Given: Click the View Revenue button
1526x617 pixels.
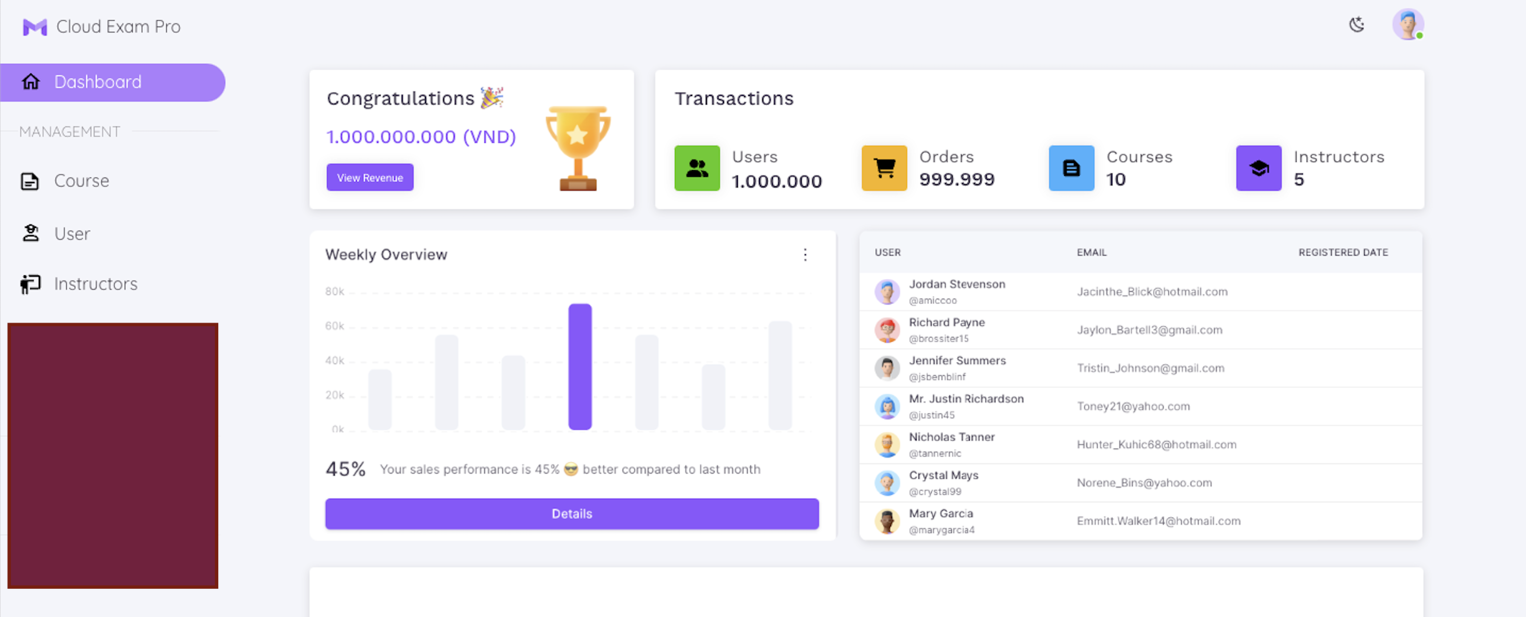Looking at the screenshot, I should [x=370, y=177].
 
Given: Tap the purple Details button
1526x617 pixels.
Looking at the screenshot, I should [x=572, y=513].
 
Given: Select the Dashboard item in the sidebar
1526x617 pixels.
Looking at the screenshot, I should [x=112, y=82].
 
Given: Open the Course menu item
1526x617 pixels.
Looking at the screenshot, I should [x=81, y=181].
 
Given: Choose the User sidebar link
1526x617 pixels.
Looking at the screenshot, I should [x=72, y=234].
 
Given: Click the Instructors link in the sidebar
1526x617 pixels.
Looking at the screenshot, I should [x=95, y=284].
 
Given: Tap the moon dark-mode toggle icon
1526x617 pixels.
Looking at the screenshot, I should [x=1357, y=25].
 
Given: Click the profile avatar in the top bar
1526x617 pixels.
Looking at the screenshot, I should [x=1408, y=25].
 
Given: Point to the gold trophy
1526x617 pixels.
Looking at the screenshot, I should [x=577, y=148].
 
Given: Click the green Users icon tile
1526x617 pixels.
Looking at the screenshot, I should [x=697, y=168].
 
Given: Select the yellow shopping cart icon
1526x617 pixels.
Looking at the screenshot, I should [x=884, y=168].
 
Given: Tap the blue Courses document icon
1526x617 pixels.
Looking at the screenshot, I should [x=1071, y=168].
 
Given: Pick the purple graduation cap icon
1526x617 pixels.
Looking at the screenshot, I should [x=1258, y=168].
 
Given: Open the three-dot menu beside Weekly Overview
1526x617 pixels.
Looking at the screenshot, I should [x=805, y=255].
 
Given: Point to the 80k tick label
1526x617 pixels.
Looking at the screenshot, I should [x=334, y=291].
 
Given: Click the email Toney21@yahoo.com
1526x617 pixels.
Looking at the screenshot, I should [x=1133, y=406].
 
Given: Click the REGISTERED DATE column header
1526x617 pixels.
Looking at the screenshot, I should [x=1343, y=253].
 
